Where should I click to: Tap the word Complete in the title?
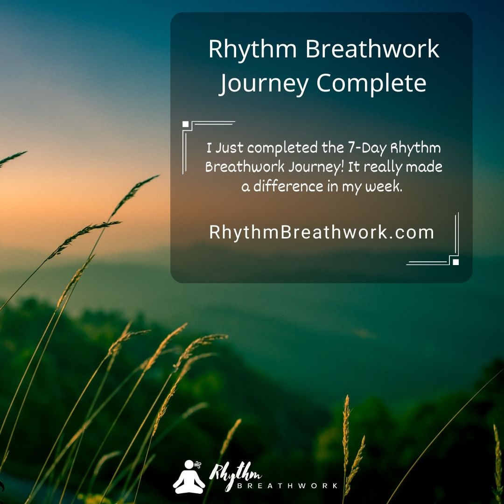click(371, 83)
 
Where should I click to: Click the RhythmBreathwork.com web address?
click(322, 232)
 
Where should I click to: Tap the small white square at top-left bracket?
click(185, 124)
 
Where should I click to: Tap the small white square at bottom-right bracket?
click(455, 262)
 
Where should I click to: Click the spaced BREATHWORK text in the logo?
click(287, 485)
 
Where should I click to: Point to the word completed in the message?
click(282, 148)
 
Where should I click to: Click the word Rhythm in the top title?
click(252, 49)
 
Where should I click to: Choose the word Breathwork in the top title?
click(372, 49)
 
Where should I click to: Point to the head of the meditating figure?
click(189, 465)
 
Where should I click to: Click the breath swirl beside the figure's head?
click(198, 464)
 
